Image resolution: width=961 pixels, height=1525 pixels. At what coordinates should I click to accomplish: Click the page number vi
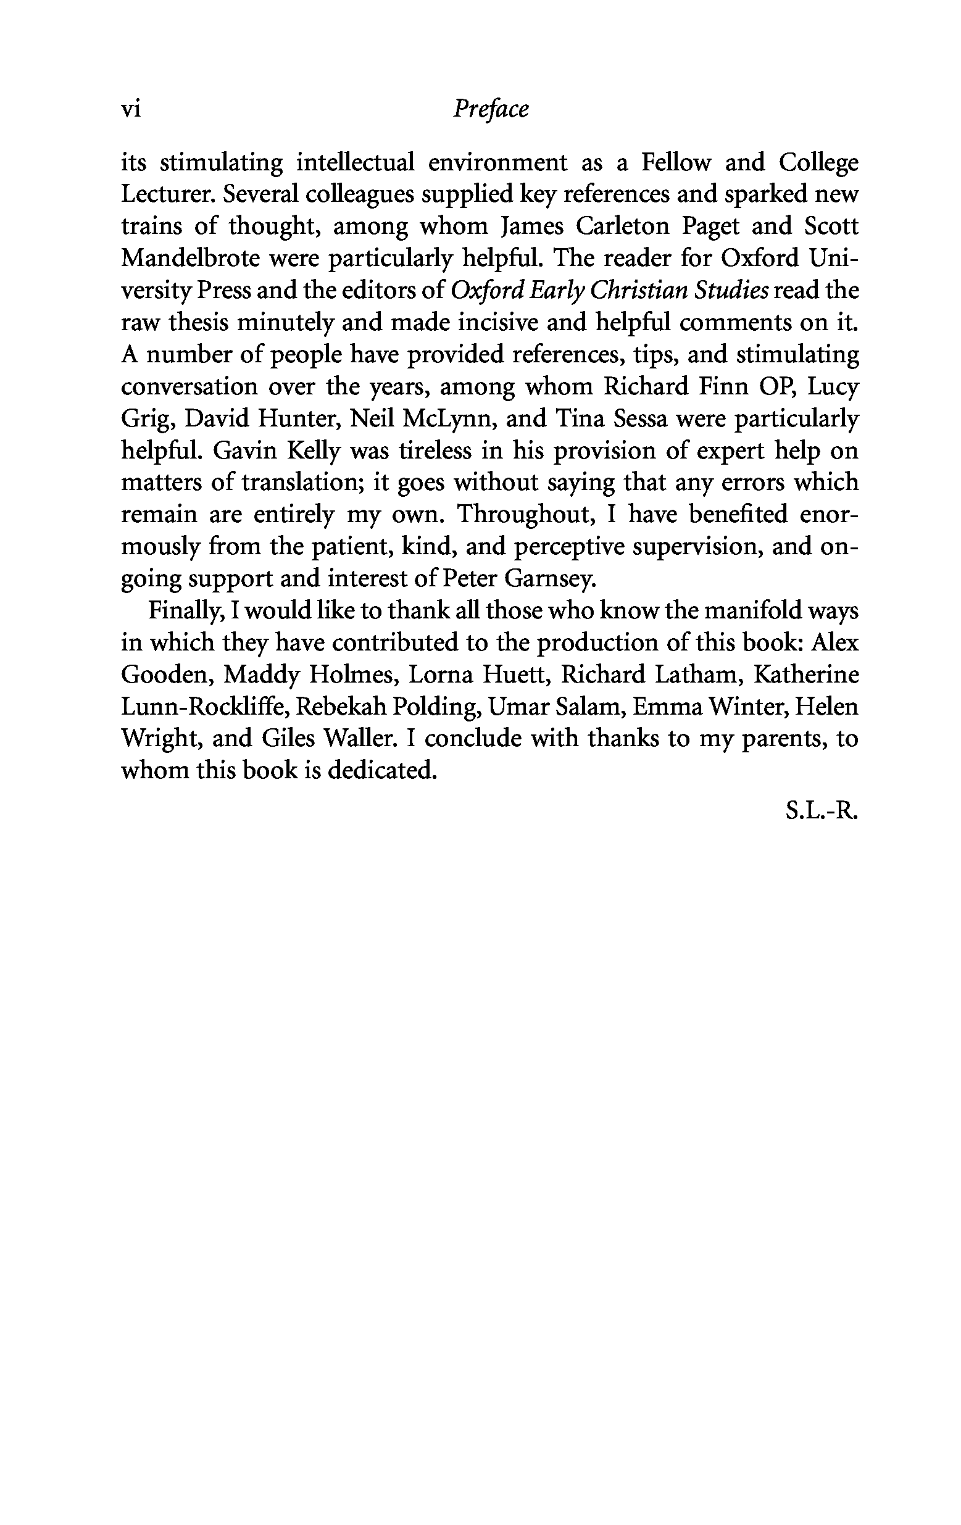click(x=130, y=110)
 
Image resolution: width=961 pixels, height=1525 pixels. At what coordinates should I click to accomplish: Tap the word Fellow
click(x=676, y=163)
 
